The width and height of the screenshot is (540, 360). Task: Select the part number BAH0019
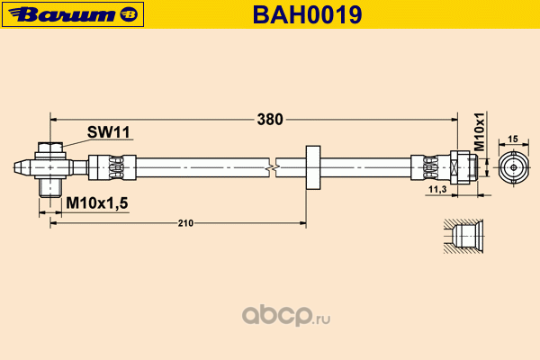[x=319, y=13]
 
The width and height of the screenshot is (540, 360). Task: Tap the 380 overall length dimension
[x=270, y=119]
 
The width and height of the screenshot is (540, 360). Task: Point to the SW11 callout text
[x=109, y=132]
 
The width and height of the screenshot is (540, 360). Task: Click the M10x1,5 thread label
[x=97, y=204]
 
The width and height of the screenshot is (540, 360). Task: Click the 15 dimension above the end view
[x=512, y=139]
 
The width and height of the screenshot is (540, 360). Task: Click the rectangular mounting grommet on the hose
[x=313, y=167]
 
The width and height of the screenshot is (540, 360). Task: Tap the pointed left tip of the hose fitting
[x=21, y=167]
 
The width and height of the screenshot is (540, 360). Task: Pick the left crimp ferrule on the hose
[x=112, y=167]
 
